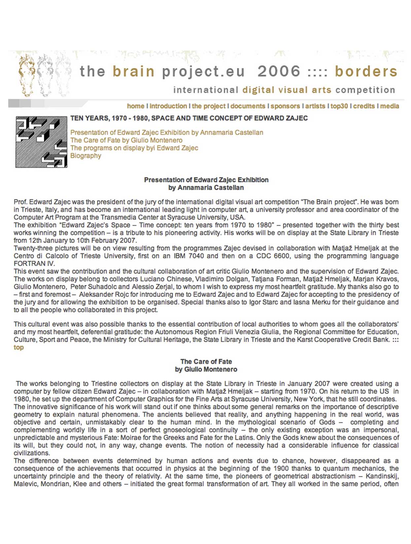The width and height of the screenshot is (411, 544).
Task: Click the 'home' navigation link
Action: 135,106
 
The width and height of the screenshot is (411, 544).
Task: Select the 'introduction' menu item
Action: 168,106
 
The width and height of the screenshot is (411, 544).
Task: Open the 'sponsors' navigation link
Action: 286,106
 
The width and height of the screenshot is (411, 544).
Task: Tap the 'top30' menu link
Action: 339,106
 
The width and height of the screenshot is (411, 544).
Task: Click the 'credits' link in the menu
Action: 364,106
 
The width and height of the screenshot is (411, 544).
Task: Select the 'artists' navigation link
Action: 315,106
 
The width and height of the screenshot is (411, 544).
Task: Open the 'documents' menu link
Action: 248,106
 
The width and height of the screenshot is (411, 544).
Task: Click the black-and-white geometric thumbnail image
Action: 41,142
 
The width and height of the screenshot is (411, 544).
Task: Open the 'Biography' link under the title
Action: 86,156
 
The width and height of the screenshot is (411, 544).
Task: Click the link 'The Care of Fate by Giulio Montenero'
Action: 126,140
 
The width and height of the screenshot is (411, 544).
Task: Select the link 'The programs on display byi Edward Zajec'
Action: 134,148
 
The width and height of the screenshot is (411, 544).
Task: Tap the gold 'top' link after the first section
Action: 18,347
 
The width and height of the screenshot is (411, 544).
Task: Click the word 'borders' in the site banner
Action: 366,71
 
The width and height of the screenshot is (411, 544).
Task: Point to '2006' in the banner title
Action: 279,71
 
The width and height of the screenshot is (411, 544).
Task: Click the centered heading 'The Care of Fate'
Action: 206,362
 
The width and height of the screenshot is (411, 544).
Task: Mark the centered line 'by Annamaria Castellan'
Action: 206,188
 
